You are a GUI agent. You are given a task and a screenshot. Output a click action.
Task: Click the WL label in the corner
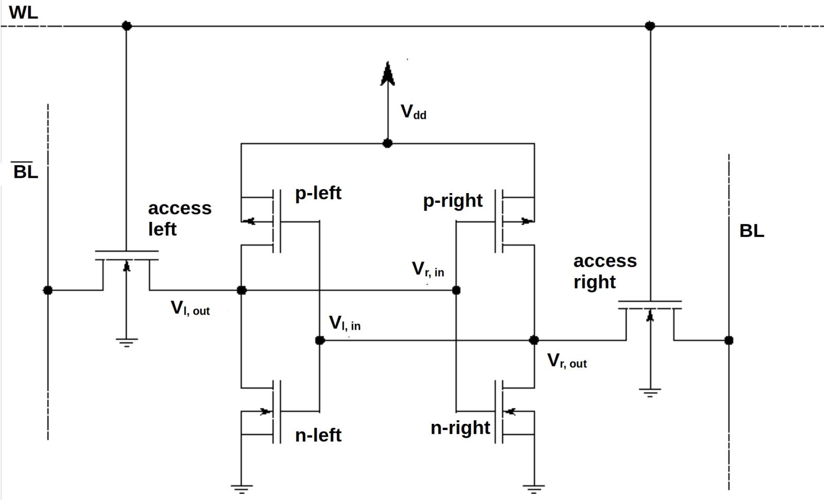pos(23,12)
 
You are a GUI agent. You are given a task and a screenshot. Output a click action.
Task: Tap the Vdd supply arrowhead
pos(387,74)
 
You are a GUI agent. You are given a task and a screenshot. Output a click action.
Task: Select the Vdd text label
pos(414,112)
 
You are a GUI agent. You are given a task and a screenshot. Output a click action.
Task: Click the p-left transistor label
pos(318,194)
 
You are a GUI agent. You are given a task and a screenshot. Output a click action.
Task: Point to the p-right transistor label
pos(453,201)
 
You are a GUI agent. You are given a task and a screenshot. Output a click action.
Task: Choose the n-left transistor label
pos(318,435)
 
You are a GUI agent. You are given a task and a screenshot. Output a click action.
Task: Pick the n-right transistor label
pos(460,428)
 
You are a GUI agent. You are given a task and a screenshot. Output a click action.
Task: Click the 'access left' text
pos(180,218)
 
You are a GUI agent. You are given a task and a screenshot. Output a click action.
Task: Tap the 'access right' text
pos(605,271)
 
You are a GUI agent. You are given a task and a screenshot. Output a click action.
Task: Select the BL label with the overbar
pos(25,170)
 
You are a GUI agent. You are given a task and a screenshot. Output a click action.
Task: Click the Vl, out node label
pos(190,308)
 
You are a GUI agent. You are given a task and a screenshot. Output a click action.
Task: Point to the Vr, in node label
pos(428,269)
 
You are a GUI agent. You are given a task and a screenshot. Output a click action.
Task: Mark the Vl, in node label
pos(345,323)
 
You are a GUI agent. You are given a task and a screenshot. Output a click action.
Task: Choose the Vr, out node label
pos(567,360)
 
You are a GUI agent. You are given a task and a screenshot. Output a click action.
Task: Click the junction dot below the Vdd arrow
pos(387,144)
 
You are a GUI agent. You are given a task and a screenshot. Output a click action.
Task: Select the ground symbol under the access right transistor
pos(650,393)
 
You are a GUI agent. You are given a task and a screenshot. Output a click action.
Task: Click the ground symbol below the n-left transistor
pos(242,489)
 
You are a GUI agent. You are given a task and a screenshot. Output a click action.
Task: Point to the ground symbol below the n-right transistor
pos(534,489)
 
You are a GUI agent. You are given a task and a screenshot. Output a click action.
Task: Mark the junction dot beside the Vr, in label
pos(456,290)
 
